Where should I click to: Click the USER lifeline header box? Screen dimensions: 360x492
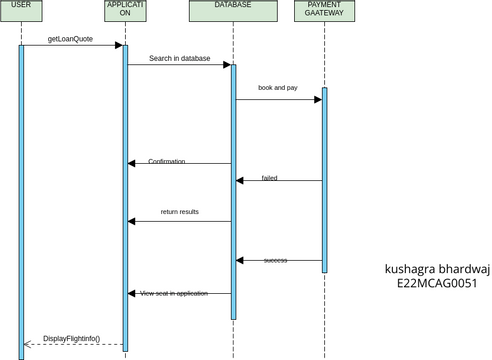click(x=20, y=11)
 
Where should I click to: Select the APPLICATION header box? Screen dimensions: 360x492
click(x=125, y=11)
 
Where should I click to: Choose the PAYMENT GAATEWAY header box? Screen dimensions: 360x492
click(x=324, y=11)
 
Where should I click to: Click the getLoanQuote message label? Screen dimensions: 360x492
click(x=70, y=38)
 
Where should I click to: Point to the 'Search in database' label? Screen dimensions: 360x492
click(x=180, y=58)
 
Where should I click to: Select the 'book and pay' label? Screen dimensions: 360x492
click(x=278, y=88)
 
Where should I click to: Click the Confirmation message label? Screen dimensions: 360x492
click(x=166, y=162)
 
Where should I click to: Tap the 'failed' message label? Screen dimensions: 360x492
click(x=269, y=178)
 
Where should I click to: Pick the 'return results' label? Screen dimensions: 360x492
click(x=179, y=212)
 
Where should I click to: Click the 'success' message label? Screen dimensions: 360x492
click(x=275, y=260)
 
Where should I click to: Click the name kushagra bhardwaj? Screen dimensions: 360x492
click(x=437, y=268)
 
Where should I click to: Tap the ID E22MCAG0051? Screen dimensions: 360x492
click(x=437, y=283)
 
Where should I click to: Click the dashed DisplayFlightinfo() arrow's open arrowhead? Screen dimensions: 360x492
click(x=27, y=345)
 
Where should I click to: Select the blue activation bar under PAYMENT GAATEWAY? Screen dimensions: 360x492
click(x=324, y=180)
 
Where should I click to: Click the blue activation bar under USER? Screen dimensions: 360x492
click(x=20, y=200)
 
